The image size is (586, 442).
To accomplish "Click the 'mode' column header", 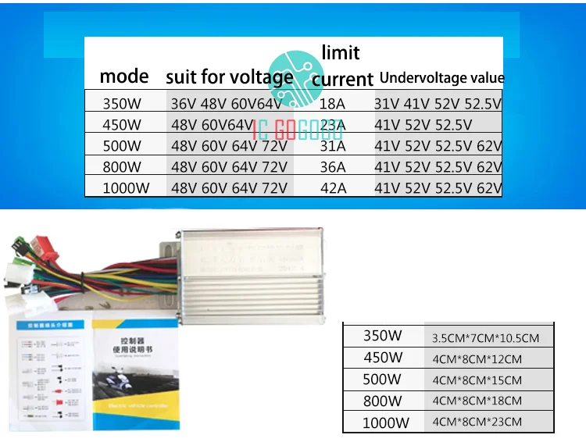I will [123, 77].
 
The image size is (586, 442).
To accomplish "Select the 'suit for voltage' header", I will [229, 77].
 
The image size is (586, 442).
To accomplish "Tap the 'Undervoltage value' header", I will [441, 78].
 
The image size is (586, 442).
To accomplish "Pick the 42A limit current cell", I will [335, 187].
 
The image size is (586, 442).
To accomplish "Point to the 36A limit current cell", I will [335, 166].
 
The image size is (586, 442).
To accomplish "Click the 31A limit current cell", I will [335, 145].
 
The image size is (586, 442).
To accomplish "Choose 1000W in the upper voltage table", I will [126, 187].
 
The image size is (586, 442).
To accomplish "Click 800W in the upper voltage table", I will [122, 166].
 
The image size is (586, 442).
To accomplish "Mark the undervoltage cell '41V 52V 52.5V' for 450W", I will [423, 124].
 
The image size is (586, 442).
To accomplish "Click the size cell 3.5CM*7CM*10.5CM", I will [486, 338].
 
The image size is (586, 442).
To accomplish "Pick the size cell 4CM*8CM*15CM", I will [477, 380].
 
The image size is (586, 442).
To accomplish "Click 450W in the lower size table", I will [383, 358].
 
